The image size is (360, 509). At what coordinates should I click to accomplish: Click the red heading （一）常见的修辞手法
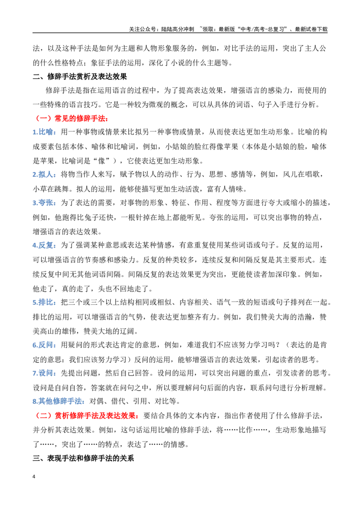coord(70,118)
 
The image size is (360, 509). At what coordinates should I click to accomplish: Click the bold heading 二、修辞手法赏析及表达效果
coord(80,76)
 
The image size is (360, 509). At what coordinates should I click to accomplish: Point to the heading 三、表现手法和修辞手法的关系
coord(83,458)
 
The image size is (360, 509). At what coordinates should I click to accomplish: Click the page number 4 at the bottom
coord(34,477)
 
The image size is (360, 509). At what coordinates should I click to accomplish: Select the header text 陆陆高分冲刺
coord(177,29)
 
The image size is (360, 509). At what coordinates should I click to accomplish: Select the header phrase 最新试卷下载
coord(311,29)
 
